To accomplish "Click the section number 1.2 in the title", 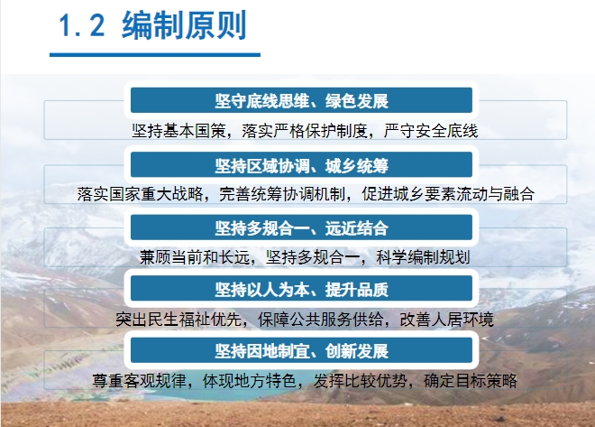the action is [81, 25].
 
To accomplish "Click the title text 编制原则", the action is [185, 25].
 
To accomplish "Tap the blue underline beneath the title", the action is [155, 55].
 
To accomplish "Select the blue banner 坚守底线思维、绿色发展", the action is [301, 100].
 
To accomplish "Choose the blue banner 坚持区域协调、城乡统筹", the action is [301, 165].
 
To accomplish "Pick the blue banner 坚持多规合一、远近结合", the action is [301, 227].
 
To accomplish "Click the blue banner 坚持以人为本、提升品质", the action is [301, 289].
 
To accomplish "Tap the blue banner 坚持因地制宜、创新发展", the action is [301, 350].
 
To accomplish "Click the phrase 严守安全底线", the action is [431, 131].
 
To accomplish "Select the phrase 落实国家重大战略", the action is [140, 194].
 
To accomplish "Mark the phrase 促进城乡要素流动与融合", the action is [448, 194].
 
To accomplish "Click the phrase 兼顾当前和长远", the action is [195, 257].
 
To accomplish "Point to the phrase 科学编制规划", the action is [423, 257].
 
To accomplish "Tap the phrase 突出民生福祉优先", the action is [178, 319].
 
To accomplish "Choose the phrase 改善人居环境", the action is [446, 319].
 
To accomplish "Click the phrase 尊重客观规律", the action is [139, 381].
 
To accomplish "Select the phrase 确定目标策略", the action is [471, 381].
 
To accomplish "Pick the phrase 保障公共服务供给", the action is [321, 319].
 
